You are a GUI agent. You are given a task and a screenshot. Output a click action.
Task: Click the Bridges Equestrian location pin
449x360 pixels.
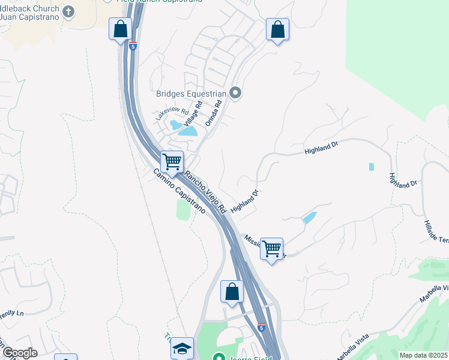[x=235, y=93]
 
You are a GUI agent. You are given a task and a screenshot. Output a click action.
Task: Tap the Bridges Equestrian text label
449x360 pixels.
[x=190, y=94]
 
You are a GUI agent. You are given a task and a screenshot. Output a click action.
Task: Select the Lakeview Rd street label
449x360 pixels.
[x=172, y=111]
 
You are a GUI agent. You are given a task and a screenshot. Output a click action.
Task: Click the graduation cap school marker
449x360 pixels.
[x=182, y=348]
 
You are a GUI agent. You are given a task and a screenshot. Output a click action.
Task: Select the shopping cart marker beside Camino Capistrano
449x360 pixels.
[x=172, y=161]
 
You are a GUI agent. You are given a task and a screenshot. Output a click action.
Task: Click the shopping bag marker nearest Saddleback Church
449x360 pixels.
[x=120, y=28]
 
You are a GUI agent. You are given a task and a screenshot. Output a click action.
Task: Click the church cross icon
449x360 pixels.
[x=68, y=11]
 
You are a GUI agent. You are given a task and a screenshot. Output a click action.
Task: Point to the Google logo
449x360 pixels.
[x=19, y=353]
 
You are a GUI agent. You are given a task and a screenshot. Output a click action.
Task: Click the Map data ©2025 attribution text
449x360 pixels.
[x=423, y=355]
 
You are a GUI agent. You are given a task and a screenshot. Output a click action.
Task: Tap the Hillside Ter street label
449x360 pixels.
[x=436, y=230]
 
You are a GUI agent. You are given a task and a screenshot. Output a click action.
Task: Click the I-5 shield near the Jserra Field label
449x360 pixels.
[x=261, y=328]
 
